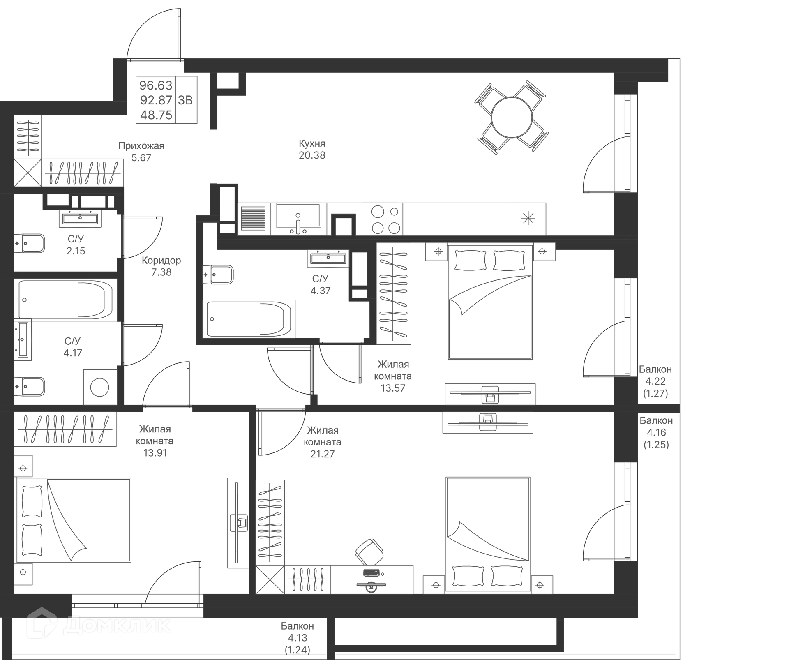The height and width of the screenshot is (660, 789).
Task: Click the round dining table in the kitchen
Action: coord(512,118)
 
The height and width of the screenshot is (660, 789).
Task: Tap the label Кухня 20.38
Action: coord(312,150)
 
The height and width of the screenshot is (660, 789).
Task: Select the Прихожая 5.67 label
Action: coord(141,152)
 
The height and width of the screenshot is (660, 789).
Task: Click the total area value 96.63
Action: coord(156,85)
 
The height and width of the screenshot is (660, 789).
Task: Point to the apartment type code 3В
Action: coord(185,100)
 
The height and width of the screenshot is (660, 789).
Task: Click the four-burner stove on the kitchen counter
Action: coord(385,219)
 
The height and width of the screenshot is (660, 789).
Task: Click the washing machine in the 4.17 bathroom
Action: coord(99,387)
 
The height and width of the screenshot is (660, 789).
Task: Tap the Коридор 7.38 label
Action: coord(161,266)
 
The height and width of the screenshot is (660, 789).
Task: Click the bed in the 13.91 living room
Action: coord(74,520)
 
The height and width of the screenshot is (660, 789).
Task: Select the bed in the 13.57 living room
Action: coord(490,302)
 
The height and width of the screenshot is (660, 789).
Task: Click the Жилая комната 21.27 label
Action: coord(323,442)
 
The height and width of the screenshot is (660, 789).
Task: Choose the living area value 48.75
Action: coord(156,115)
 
